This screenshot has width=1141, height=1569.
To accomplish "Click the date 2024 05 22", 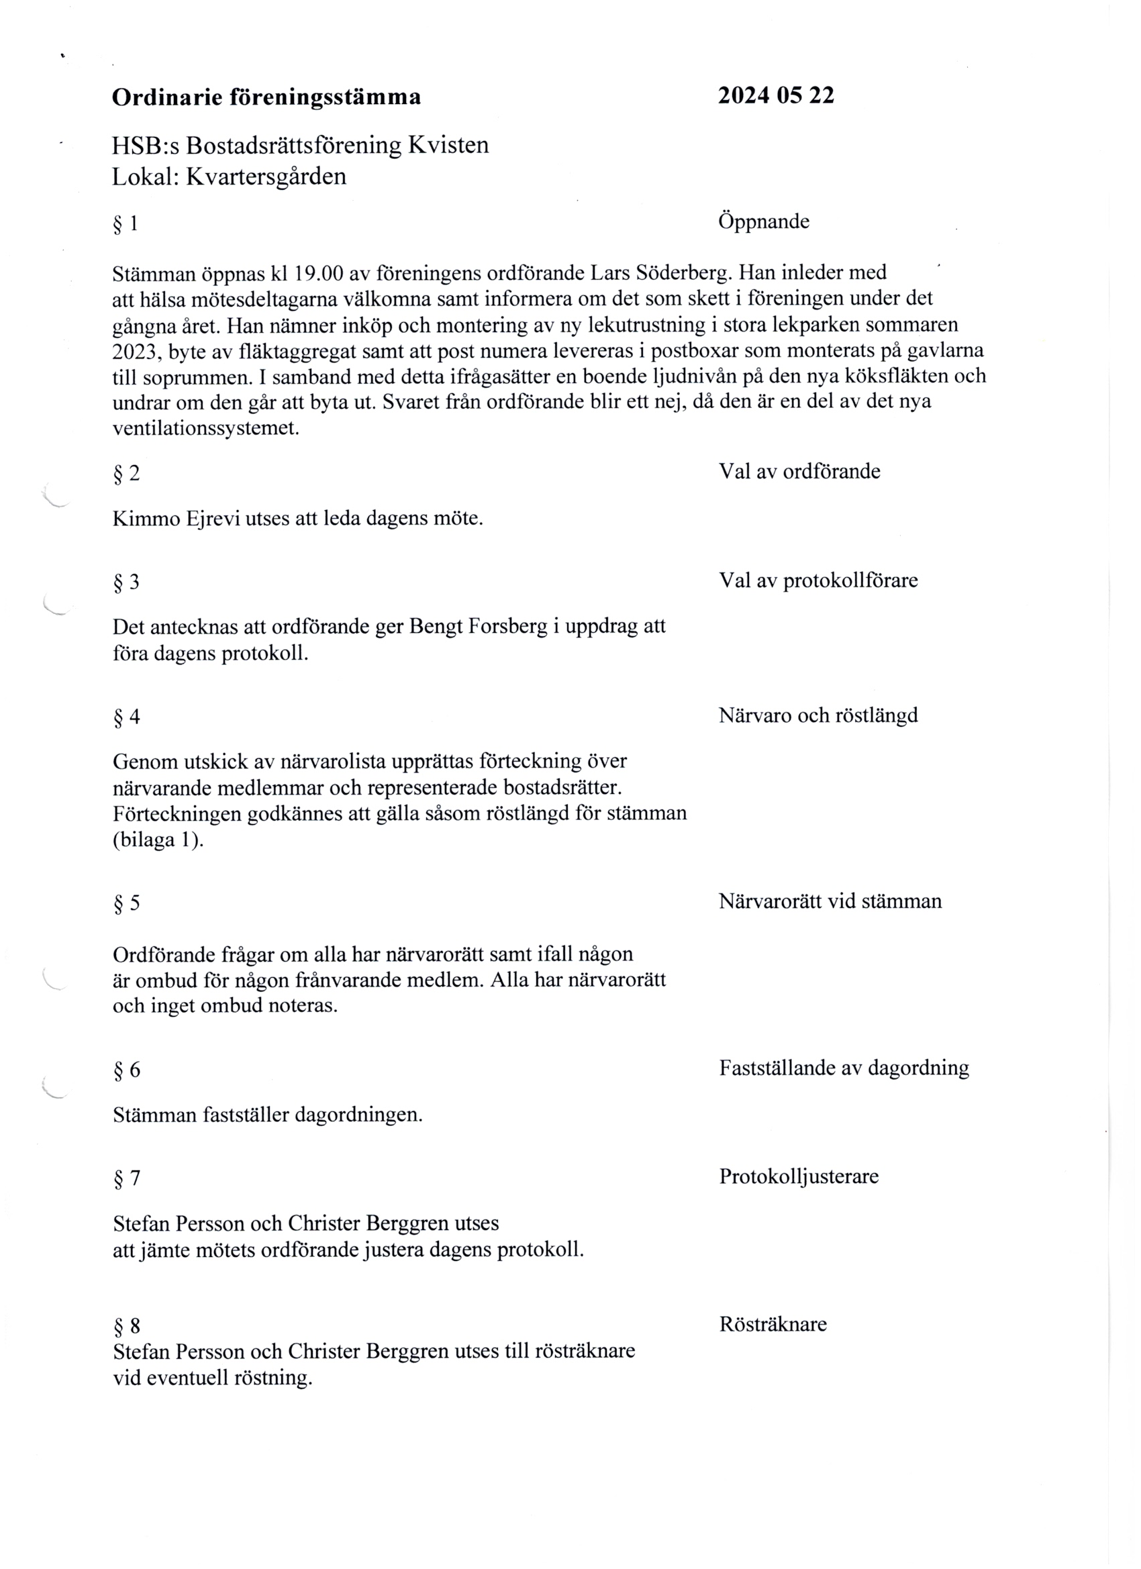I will pos(776,95).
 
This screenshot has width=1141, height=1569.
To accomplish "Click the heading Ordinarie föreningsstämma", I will pos(266,97).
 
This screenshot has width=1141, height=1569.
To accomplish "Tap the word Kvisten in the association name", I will pos(448,145).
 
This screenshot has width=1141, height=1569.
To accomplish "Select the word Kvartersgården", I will pos(266,177).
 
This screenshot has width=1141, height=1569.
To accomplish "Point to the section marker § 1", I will pos(126,224).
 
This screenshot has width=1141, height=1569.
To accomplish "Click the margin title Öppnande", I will pos(764,222).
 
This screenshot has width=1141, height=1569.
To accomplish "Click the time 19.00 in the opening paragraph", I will pos(318,274).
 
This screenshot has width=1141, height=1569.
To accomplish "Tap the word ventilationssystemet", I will pos(205,428).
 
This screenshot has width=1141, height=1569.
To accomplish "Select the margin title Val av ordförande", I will pos(799,472).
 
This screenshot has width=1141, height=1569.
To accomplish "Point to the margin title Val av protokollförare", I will pos(818,580).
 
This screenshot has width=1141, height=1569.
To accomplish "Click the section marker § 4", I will pos(126,717).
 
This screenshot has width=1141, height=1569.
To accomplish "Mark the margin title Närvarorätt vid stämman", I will pos(830,902).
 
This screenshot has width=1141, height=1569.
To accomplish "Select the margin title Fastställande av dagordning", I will pos(844,1068).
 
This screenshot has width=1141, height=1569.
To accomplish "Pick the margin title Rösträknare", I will pos(773,1325).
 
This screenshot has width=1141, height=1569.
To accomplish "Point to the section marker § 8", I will pos(126,1326).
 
